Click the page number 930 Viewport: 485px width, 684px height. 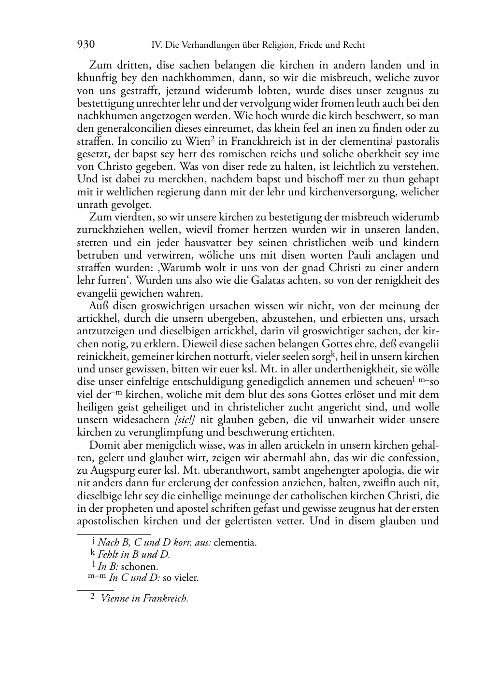(86, 45)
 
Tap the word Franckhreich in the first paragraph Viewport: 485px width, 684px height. (250, 142)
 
